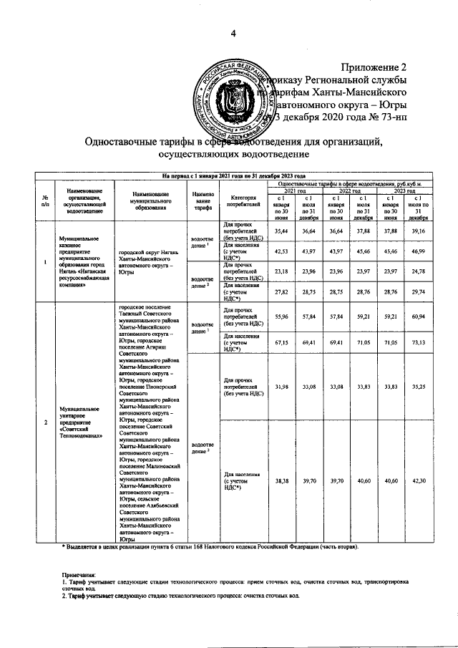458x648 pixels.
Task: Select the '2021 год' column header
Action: tap(294, 191)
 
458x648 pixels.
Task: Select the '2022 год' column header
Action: tap(349, 191)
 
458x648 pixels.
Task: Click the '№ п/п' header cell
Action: tap(45, 202)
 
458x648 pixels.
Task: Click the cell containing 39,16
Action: tap(419, 231)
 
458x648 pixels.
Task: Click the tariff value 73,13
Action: tap(419, 343)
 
